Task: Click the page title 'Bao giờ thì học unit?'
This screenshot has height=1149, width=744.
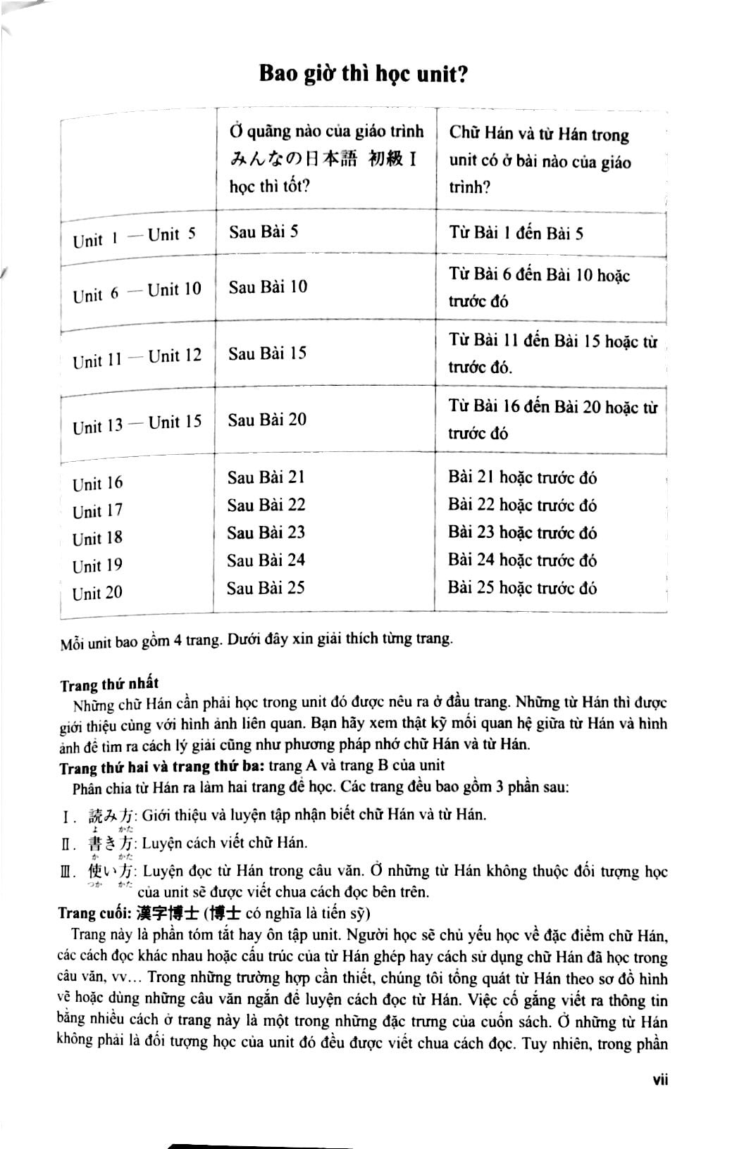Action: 364,73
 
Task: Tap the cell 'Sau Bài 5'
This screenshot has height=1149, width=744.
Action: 263,232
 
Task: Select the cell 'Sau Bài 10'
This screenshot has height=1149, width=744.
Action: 268,287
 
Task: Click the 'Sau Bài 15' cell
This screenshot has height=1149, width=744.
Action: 267,353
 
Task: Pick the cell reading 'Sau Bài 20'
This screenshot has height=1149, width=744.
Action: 267,420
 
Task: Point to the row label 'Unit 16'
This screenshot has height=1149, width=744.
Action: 97,484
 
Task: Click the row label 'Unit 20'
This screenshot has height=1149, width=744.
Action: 97,594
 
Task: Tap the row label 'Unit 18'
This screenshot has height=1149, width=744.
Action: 97,539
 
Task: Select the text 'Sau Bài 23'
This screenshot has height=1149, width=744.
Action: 266,532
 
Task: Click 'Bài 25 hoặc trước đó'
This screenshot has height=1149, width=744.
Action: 522,587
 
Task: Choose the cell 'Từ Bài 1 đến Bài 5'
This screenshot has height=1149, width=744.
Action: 516,232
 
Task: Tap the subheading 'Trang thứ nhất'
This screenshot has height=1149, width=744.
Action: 109,684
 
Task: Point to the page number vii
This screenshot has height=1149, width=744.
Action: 660,1079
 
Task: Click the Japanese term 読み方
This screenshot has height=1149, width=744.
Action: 111,815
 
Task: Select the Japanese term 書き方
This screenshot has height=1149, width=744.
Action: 111,843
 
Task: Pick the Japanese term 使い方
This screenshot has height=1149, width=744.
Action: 111,872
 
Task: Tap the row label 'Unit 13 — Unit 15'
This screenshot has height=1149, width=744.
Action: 137,424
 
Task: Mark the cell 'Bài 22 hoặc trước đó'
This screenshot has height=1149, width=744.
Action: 522,505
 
